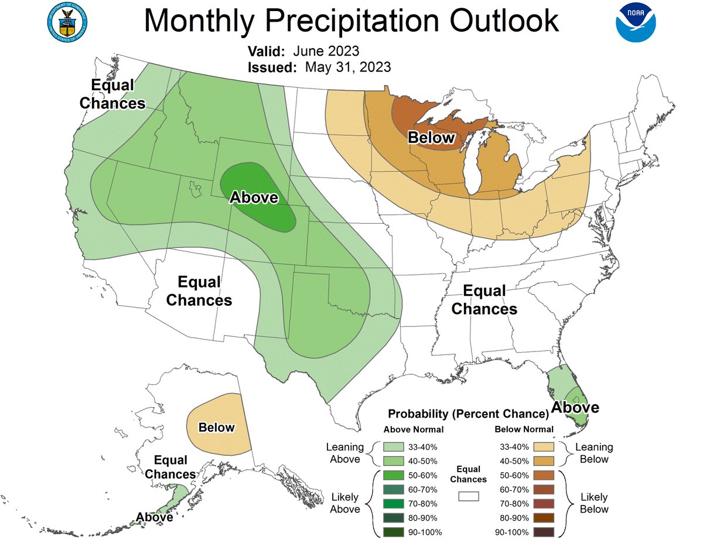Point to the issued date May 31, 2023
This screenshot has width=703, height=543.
tap(347, 67)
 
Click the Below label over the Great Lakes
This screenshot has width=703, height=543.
tap(431, 138)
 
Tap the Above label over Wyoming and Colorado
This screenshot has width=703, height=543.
tap(254, 197)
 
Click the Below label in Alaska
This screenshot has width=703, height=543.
tap(216, 428)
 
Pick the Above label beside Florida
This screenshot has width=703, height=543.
tap(576, 407)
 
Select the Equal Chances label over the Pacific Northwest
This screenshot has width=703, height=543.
tap(112, 94)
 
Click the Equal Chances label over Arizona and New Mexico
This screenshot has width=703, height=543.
tap(199, 291)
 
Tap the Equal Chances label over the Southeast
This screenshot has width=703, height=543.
tap(484, 299)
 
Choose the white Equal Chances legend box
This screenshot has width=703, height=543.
tap(469, 496)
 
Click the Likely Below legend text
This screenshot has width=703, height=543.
tap(594, 503)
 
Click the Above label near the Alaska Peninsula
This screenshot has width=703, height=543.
tap(155, 517)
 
